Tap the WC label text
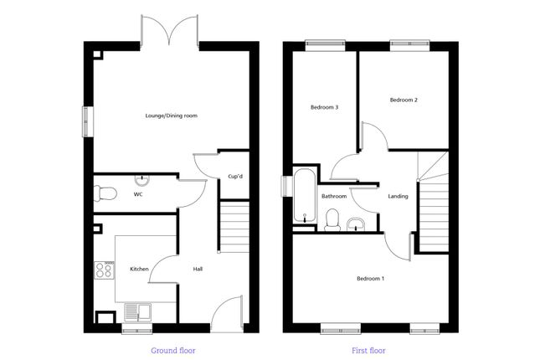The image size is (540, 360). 138,194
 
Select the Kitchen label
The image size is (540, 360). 139,269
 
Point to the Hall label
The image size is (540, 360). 198,269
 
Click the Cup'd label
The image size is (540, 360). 235,176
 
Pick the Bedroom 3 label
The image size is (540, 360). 324,107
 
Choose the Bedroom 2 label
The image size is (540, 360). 404,100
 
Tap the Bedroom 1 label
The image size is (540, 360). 370,278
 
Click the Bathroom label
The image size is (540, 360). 334,197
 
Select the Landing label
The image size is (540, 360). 399,197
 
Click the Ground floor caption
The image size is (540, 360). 173,350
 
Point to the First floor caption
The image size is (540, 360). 370,350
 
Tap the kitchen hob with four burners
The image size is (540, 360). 105,270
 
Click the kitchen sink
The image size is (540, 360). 136,312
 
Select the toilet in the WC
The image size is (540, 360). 104,193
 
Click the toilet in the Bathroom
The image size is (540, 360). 331,221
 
